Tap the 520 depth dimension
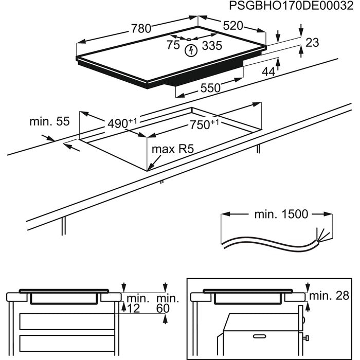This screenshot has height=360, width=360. tap(233, 26)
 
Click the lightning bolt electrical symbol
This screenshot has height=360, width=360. tap(192, 50)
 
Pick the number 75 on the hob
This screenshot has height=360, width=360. tap(173, 44)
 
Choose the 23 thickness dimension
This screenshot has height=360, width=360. tap(312, 43)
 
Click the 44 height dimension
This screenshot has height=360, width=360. tap(268, 71)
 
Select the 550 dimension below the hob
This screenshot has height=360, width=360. tap(209, 88)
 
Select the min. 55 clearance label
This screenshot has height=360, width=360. tap(49, 122)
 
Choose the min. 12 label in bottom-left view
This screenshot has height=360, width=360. tap(135, 303)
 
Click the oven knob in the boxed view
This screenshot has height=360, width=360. tap(306, 337)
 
